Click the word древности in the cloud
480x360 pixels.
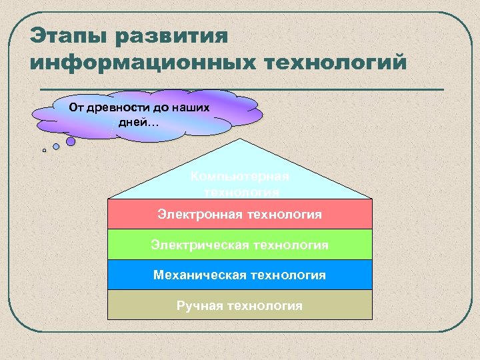[x=119, y=107]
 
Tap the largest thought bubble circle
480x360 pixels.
[x=71, y=141]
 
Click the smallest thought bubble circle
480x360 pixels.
[x=44, y=151]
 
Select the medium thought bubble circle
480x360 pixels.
[x=56, y=146]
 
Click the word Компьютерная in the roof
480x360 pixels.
[x=239, y=177]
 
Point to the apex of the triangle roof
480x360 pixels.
[x=239, y=140]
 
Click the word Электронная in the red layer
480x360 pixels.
[x=200, y=215]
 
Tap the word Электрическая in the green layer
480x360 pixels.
[x=198, y=245]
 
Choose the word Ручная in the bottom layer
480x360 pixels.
[x=199, y=305]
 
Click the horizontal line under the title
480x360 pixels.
[x=240, y=88]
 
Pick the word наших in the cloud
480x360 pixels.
[x=191, y=107]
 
